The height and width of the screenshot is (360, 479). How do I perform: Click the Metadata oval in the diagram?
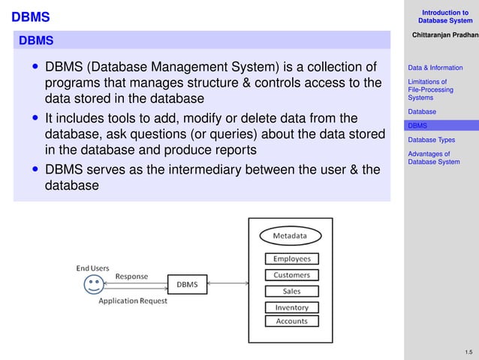click(290, 236)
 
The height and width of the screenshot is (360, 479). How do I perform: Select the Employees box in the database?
click(291, 259)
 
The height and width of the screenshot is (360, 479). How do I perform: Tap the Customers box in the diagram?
click(291, 275)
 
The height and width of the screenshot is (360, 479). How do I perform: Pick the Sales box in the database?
click(291, 291)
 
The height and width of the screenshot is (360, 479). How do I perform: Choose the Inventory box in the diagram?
click(291, 307)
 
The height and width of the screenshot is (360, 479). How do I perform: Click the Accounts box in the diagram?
click(291, 321)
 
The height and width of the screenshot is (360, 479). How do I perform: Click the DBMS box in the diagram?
click(187, 284)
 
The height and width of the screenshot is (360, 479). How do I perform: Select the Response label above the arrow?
click(131, 276)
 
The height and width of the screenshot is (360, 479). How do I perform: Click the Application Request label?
click(133, 301)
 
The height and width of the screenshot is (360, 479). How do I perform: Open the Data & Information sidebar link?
click(435, 68)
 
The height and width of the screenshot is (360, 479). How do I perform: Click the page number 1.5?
click(468, 352)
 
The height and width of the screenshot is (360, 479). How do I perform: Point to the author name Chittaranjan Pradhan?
click(444, 35)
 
